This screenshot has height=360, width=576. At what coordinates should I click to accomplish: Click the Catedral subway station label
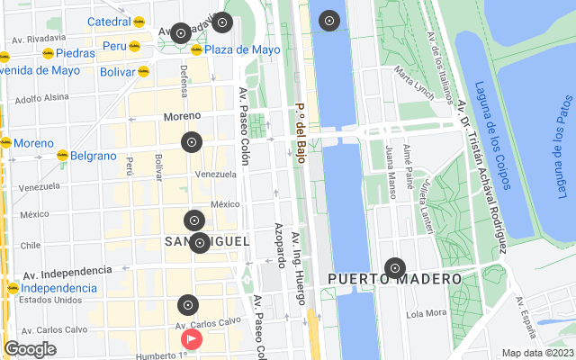[x=109, y=22]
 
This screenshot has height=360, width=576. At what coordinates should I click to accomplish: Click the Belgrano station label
[x=94, y=156]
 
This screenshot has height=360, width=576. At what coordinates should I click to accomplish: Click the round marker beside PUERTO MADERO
[x=394, y=267]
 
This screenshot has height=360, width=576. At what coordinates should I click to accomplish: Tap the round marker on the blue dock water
[x=329, y=21]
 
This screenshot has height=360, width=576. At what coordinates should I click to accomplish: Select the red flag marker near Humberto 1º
[x=192, y=339]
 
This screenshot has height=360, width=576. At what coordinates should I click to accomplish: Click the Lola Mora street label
[x=426, y=314]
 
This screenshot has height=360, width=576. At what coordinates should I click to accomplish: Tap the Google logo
[x=30, y=349]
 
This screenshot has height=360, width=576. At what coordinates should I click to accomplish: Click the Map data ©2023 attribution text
[x=537, y=353]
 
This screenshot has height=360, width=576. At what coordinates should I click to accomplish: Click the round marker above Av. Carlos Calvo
[x=187, y=304]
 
